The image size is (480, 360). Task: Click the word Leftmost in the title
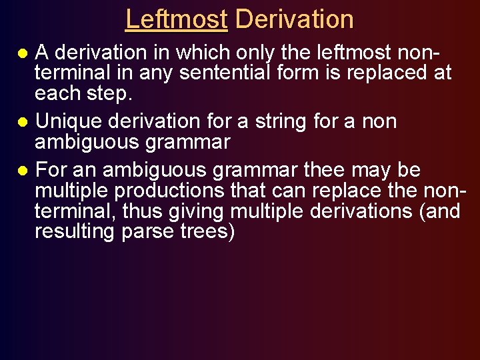tap(177, 19)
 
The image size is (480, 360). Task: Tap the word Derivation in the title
tap(294, 19)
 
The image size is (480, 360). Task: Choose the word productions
tap(169, 191)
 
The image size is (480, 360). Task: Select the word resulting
tap(75, 233)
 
